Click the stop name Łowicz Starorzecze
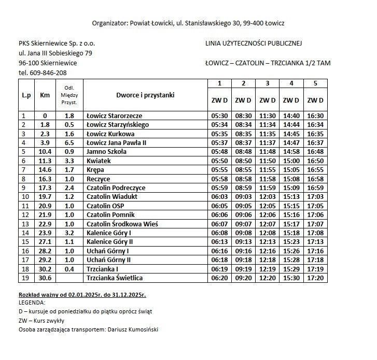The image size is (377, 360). (x=114, y=116)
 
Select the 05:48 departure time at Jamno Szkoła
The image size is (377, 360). (x=219, y=152)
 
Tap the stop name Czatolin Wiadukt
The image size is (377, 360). (x=113, y=197)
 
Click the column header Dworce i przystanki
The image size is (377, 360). (x=145, y=95)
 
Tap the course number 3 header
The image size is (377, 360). (x=267, y=83)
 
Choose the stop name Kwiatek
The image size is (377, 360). (x=99, y=161)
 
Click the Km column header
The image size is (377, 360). (x=45, y=95)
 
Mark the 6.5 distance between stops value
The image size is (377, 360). (x=69, y=143)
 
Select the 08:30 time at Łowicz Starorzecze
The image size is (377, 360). (x=243, y=116)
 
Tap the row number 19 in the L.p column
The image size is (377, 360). (x=24, y=278)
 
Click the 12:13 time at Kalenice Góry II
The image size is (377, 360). (x=267, y=242)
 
